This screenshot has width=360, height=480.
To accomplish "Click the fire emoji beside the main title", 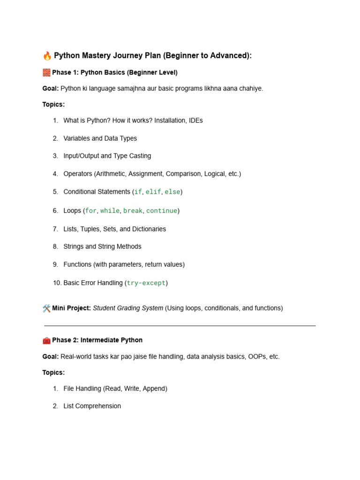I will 47,56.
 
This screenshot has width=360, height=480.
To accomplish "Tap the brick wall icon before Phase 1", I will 46,73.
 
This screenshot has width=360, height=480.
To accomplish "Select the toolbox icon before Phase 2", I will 46,340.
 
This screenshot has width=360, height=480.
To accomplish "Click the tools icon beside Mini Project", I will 46,308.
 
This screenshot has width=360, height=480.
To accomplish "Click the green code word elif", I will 153,192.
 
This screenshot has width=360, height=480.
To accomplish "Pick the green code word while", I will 110,211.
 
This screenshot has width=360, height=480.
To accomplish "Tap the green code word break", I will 133,211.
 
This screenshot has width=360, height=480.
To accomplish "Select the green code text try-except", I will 146,283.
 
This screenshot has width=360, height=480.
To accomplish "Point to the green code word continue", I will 162,211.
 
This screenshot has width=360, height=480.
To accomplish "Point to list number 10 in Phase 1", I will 57,283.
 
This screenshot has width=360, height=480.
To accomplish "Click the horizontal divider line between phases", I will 180,325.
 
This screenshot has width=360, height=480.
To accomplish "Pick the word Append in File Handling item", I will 154,389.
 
